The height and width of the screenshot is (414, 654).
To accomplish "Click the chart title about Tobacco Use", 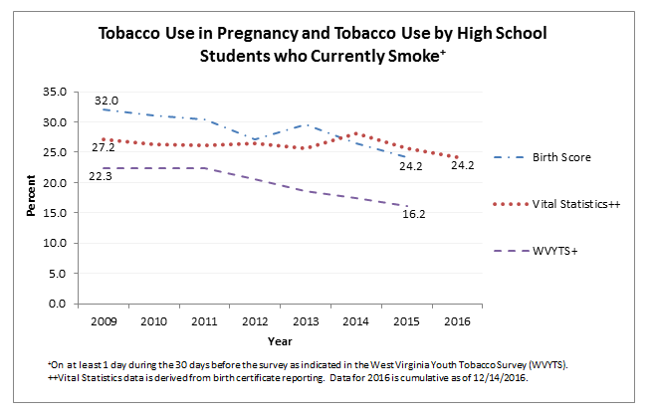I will (323, 45).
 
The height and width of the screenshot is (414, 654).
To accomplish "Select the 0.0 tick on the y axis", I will (58, 304).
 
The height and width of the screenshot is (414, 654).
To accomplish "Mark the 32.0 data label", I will (107, 101).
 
